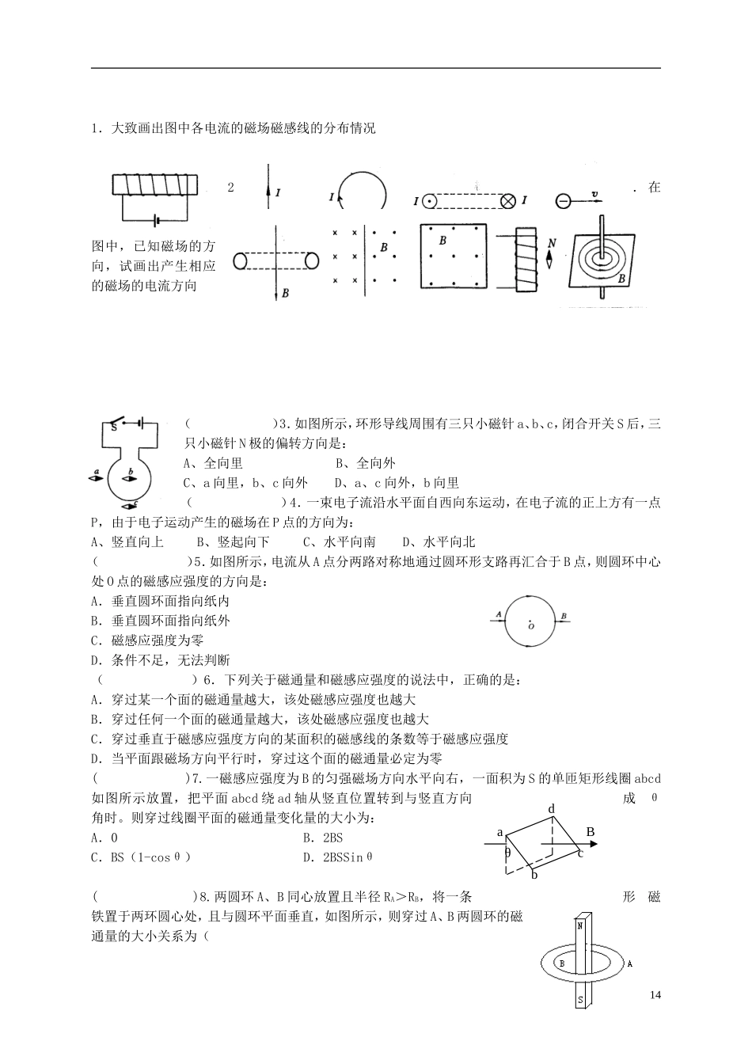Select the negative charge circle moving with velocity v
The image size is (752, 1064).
[x=563, y=201]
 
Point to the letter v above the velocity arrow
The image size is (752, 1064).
[x=594, y=192]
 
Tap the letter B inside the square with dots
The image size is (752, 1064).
[x=442, y=239]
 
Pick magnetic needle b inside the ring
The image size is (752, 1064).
[x=127, y=478]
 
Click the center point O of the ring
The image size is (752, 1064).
[x=530, y=625]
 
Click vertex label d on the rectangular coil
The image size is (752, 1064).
[x=552, y=809]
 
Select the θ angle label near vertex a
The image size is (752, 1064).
[x=508, y=853]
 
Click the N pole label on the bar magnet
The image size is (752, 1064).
[x=580, y=925]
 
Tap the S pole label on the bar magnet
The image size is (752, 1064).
[x=580, y=1000]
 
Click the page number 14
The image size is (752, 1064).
[x=654, y=994]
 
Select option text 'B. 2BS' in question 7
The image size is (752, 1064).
[x=323, y=838]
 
